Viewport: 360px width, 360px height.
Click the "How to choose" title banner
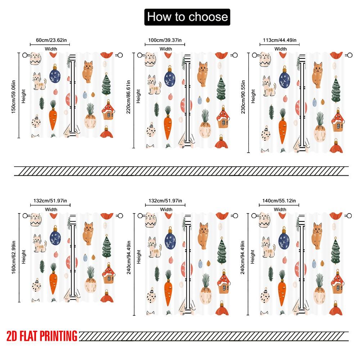pos(187,17)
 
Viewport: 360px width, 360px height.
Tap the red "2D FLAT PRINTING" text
pos(42,336)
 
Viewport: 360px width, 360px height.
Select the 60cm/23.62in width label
pos(50,40)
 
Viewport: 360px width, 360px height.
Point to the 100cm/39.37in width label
pos(165,40)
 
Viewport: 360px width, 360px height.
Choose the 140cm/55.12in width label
pos(280,201)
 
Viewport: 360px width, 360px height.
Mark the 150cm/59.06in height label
pos(14,95)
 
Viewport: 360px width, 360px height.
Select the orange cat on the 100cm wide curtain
pos(203,74)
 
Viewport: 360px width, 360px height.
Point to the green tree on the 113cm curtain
pos(336,90)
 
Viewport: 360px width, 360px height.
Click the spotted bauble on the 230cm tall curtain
pos(266,135)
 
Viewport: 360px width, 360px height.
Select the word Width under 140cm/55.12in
pos(280,209)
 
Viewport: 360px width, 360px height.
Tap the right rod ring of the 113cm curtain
pos(348,55)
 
